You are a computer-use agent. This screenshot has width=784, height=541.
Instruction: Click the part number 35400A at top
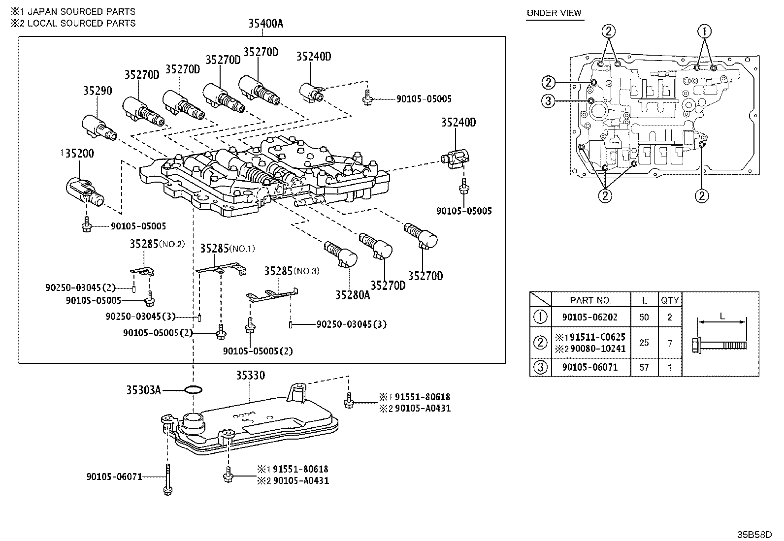pyautogui.click(x=265, y=23)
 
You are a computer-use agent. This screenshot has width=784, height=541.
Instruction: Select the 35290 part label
pyautogui.click(x=97, y=91)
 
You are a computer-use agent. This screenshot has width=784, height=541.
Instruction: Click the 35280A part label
pyautogui.click(x=352, y=294)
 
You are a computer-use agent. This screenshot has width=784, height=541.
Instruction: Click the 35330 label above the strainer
pyautogui.click(x=250, y=376)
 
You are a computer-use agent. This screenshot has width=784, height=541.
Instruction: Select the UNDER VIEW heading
pyautogui.click(x=554, y=13)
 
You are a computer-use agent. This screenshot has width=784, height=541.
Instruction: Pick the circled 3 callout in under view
pyautogui.click(x=549, y=101)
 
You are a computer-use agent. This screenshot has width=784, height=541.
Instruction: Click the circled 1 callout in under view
pyautogui.click(x=705, y=31)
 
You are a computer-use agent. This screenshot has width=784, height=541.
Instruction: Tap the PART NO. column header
pyautogui.click(x=590, y=300)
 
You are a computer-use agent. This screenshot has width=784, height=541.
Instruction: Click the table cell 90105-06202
pyautogui.click(x=590, y=318)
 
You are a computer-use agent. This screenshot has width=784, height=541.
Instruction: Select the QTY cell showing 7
pyautogui.click(x=669, y=343)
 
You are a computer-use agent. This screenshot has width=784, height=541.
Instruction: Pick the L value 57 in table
pyautogui.click(x=644, y=367)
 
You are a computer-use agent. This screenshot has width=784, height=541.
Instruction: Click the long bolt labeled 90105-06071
pyautogui.click(x=168, y=477)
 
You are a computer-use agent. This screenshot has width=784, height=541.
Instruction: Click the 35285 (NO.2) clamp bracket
pyautogui.click(x=143, y=271)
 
